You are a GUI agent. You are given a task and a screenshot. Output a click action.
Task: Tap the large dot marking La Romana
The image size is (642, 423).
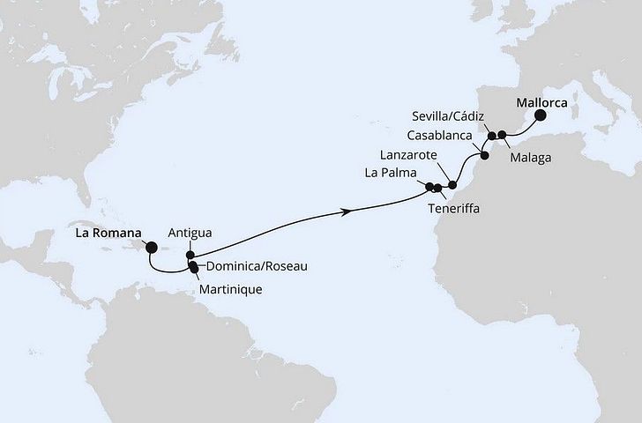tap(151, 248)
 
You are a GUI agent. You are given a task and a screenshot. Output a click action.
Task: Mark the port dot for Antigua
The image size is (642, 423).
tap(190, 255)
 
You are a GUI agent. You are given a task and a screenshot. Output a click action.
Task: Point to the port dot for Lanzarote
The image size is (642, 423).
tap(453, 185)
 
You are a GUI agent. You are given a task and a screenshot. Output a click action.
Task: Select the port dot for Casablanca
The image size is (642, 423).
tap(484, 156)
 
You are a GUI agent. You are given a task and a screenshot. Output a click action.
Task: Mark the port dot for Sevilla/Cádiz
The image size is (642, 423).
tap(491, 137)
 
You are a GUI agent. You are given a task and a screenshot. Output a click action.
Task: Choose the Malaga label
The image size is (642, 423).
tap(531, 157)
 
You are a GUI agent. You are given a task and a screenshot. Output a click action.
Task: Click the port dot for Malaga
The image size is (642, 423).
tap(503, 135)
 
